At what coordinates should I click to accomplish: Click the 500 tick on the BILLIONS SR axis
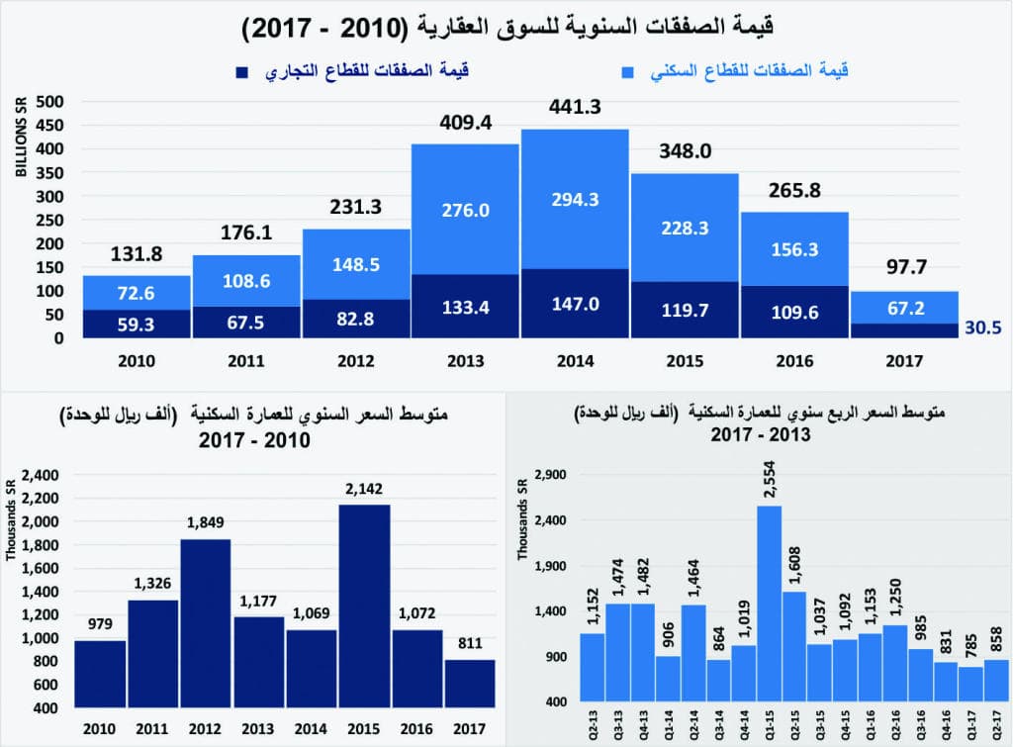click(50, 102)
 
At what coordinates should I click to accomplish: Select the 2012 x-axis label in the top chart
click(356, 361)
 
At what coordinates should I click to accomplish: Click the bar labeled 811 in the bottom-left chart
click(471, 683)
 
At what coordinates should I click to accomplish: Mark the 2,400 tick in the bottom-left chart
click(42, 474)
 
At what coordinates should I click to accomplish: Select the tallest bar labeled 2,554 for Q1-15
click(769, 604)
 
